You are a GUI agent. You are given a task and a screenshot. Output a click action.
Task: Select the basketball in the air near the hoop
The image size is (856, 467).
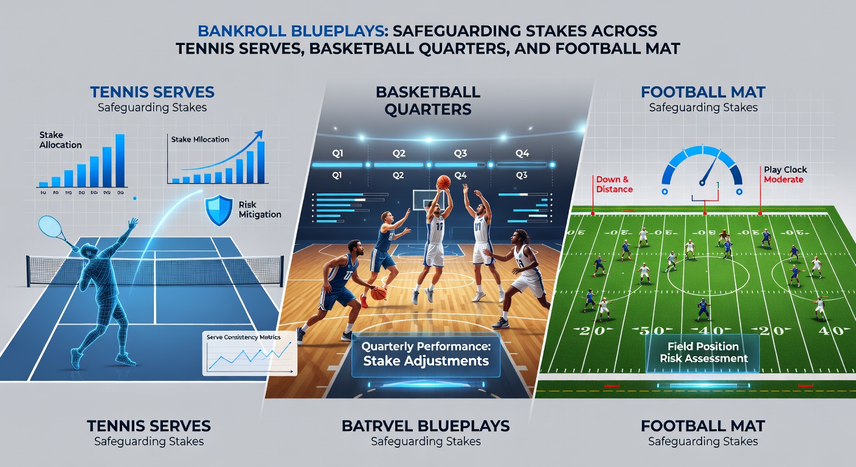click(x=443, y=181)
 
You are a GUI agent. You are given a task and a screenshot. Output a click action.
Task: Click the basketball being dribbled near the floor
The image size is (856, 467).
click(x=378, y=294)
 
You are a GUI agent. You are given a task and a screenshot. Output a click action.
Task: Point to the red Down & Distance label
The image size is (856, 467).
click(x=614, y=184)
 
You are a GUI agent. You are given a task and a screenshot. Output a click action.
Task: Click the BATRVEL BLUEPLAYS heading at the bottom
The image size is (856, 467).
click(x=426, y=426)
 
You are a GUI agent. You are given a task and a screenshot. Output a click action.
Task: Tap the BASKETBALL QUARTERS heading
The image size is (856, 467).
click(x=427, y=101)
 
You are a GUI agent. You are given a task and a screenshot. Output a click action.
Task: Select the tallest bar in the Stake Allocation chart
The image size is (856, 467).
click(x=120, y=160)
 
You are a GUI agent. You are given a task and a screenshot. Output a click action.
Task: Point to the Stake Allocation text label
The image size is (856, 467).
click(x=60, y=140)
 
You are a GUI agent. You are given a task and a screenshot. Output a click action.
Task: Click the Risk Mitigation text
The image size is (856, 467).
click(x=260, y=209)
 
